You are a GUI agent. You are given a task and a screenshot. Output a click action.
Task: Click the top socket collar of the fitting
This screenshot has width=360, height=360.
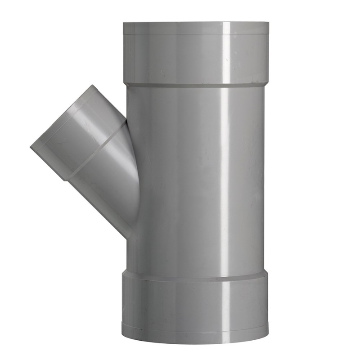(196, 54)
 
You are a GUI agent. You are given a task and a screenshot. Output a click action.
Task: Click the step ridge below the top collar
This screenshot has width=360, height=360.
(196, 85)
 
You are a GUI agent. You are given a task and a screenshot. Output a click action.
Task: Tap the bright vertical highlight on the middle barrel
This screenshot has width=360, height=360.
(224, 180)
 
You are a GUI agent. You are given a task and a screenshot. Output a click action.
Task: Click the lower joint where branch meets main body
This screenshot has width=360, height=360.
(129, 237)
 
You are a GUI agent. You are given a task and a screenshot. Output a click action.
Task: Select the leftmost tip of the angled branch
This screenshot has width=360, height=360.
(31, 147)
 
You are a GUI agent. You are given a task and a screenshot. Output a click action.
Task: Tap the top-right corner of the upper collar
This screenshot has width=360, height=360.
(268, 22)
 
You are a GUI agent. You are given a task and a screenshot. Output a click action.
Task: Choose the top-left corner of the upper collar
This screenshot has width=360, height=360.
(123, 22)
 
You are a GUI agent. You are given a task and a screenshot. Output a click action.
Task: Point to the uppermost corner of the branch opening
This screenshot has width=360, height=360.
(93, 85)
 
